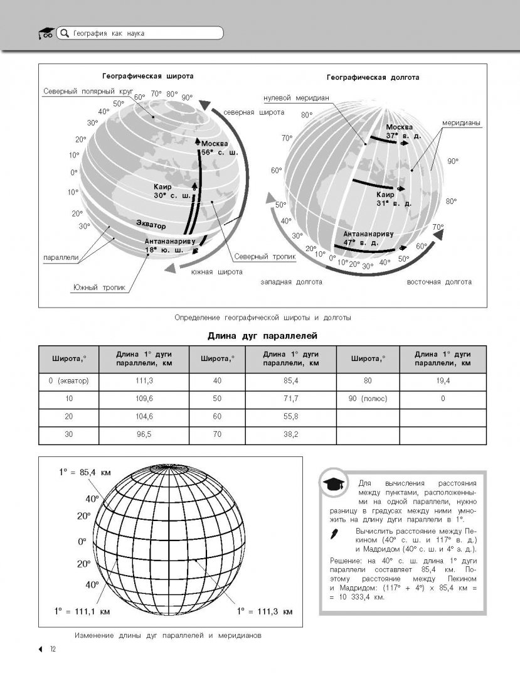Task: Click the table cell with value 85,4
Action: click(291, 381)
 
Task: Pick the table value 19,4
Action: click(443, 381)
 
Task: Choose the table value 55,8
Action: click(291, 417)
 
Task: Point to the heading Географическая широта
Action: click(148, 75)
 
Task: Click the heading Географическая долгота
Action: click(373, 77)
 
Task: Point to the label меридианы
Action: click(460, 123)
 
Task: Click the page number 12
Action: click(54, 649)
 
